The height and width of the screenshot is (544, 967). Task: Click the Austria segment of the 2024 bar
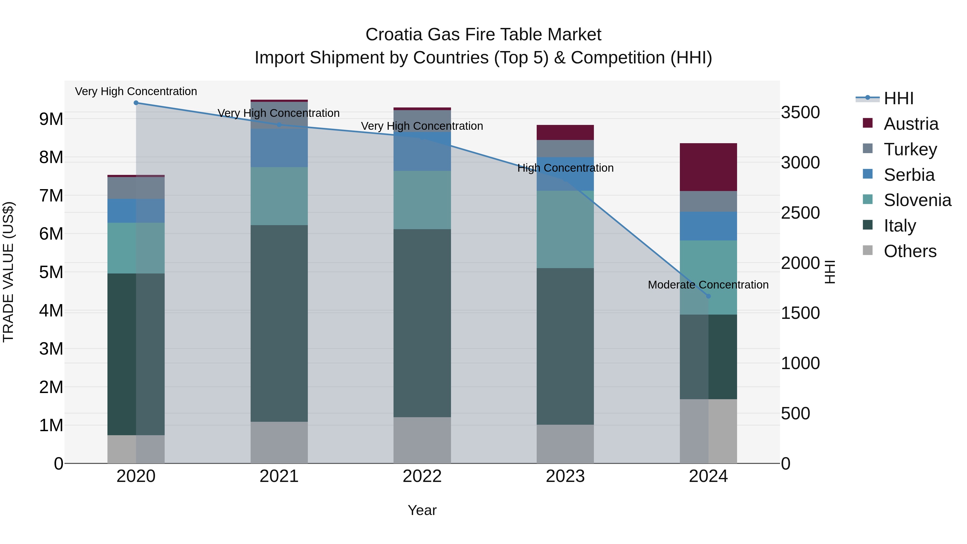pos(708,167)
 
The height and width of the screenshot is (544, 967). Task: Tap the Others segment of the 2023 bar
pos(565,444)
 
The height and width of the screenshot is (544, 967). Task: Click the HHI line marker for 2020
pos(136,103)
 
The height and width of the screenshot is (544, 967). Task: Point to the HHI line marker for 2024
pos(708,296)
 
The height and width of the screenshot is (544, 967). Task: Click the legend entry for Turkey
pos(910,149)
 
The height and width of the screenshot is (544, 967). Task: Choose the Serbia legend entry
pos(909,175)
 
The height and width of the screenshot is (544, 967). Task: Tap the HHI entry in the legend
pos(898,98)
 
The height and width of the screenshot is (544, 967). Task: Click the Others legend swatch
pos(868,250)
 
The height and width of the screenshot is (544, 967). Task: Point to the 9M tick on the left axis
pos(51,119)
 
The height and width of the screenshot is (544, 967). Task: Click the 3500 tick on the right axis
pos(800,112)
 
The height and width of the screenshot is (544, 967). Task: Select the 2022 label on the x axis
pos(422,476)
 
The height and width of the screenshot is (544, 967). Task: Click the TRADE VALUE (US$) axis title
pos(8,272)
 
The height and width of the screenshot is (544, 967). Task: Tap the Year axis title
pos(422,510)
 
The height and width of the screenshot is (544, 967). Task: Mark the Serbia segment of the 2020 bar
pos(136,211)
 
